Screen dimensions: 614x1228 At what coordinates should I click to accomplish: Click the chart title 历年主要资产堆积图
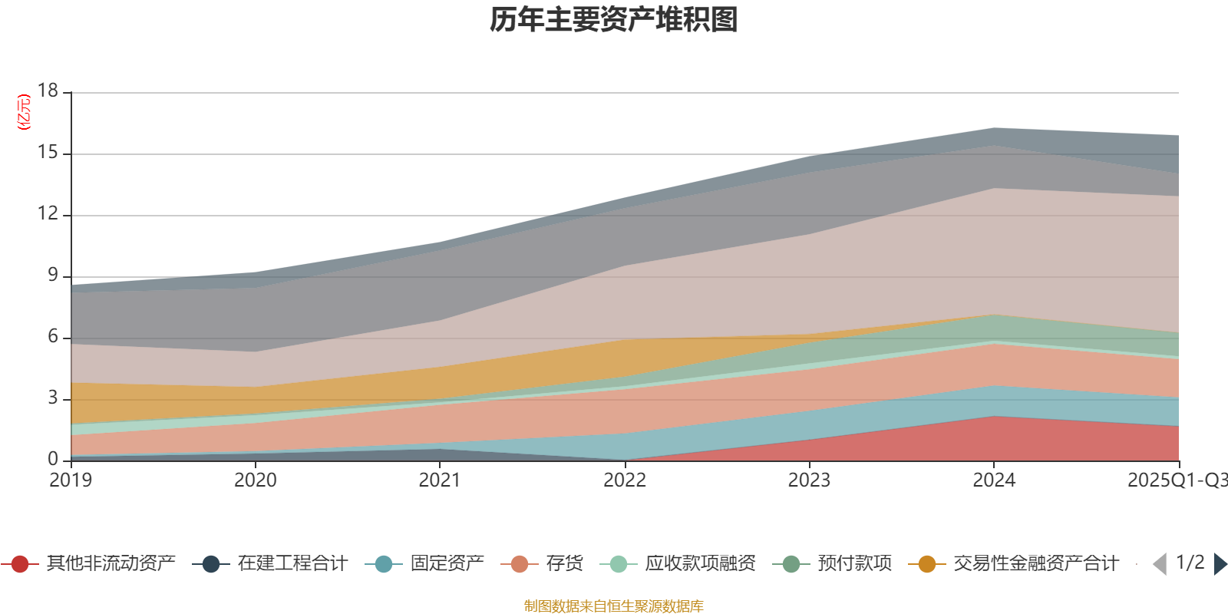(x=614, y=20)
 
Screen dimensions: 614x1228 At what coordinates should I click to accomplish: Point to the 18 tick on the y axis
(x=48, y=91)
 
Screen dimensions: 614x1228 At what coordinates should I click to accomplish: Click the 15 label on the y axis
(x=48, y=152)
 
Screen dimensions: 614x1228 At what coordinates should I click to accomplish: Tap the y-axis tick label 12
(x=48, y=213)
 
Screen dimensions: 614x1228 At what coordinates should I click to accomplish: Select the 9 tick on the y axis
(x=52, y=275)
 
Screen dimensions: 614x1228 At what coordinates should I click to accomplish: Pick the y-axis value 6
(x=52, y=336)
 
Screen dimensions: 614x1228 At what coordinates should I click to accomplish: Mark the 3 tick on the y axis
(x=52, y=398)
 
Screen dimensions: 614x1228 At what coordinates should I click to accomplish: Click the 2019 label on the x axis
(x=71, y=480)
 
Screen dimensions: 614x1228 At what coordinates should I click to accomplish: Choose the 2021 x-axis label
(x=439, y=480)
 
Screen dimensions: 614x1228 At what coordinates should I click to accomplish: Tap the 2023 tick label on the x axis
(x=809, y=480)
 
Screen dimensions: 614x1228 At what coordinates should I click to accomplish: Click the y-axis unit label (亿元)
(x=24, y=112)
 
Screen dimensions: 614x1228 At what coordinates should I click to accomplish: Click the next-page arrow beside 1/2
(x=1220, y=564)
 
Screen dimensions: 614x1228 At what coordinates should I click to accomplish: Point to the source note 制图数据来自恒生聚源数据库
(x=614, y=606)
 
